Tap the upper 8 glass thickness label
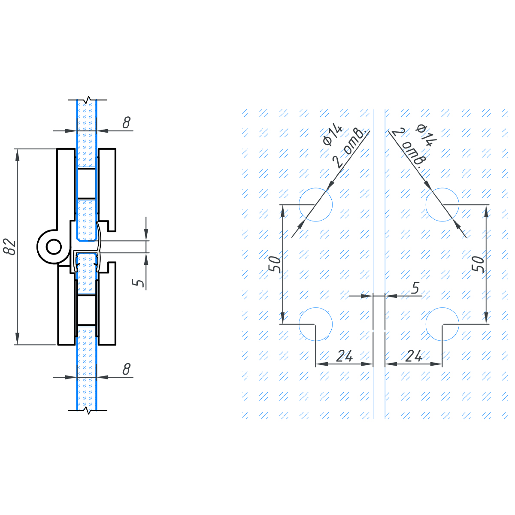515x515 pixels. (x=127, y=122)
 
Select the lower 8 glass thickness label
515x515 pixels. (x=127, y=369)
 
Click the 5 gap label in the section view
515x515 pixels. (x=138, y=282)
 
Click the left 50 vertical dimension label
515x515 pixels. (x=275, y=264)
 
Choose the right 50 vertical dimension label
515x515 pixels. (x=478, y=264)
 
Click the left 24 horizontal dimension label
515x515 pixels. (x=345, y=356)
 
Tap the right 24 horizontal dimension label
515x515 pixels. (x=414, y=356)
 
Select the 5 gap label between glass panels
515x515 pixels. (x=415, y=288)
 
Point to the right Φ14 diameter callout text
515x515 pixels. (x=426, y=135)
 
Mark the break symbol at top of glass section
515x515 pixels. (x=88, y=100)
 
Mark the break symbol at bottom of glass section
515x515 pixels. (x=88, y=410)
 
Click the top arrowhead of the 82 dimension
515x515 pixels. (x=18, y=155)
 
